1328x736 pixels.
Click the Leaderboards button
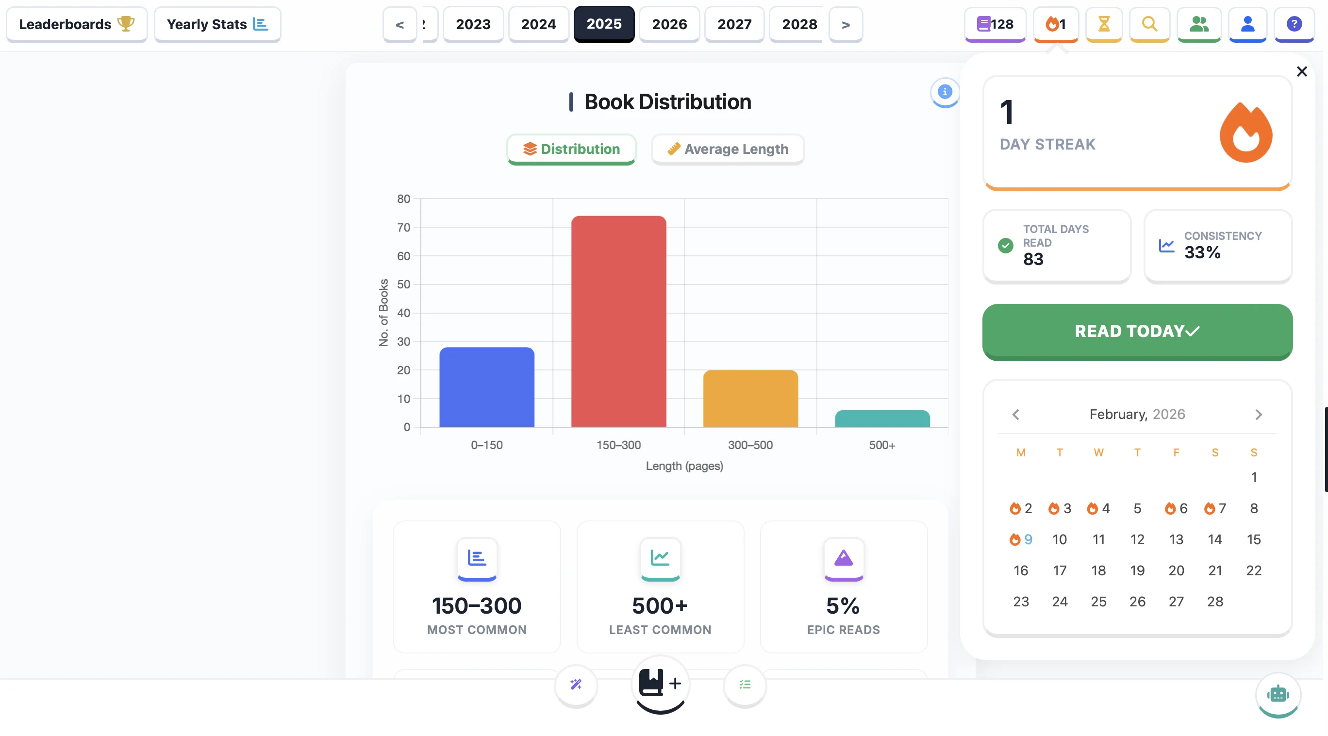click(76, 24)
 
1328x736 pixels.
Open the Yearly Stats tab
click(217, 24)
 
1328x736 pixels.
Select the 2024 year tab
click(538, 24)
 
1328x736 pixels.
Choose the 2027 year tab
click(734, 24)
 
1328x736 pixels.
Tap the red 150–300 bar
click(618, 321)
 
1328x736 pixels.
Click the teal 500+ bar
click(881, 418)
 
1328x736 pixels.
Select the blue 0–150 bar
click(486, 387)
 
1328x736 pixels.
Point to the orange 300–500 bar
click(750, 398)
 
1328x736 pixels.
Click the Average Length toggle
click(728, 149)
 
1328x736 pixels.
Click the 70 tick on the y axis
click(403, 228)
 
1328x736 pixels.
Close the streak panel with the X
click(1301, 72)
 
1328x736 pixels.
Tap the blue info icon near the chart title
click(944, 92)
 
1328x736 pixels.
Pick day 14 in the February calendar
click(1214, 539)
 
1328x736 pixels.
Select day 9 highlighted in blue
click(1027, 539)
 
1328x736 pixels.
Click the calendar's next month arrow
click(1258, 415)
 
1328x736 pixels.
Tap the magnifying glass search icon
click(1148, 24)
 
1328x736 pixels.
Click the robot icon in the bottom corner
click(1278, 694)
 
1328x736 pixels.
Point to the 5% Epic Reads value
click(843, 606)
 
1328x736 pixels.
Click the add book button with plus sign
click(660, 684)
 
